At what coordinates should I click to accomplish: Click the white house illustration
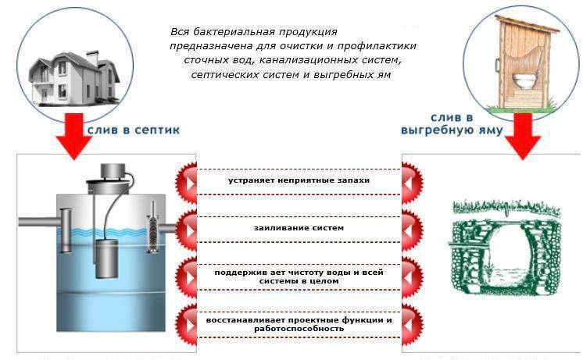74,78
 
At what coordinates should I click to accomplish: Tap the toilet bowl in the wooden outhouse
523,80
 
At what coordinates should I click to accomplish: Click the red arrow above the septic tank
74,136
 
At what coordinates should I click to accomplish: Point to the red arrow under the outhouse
523,136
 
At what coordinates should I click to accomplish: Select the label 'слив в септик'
134,130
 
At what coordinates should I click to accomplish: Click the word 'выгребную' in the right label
430,130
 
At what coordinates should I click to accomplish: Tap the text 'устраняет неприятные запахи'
299,180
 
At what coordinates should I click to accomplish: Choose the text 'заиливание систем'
299,228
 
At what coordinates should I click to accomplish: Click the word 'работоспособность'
299,329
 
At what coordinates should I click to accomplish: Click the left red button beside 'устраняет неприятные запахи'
187,183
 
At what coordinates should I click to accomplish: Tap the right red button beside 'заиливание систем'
412,230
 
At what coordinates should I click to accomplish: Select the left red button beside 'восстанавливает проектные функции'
187,324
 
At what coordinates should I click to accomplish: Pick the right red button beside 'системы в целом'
412,277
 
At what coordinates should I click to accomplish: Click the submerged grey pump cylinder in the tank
107,258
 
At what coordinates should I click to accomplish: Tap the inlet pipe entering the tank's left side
39,222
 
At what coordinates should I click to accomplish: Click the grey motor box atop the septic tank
113,171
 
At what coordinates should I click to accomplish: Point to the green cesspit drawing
506,248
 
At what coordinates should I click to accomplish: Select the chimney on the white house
92,59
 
